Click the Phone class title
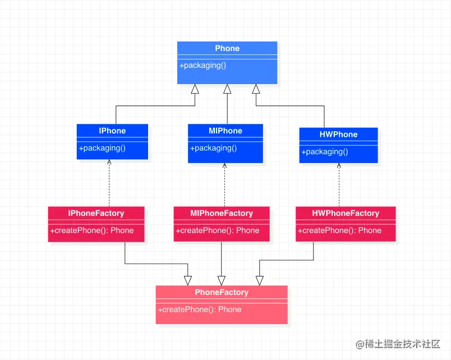click(x=227, y=49)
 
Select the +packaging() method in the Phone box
click(x=203, y=66)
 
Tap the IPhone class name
click(x=112, y=131)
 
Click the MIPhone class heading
click(x=225, y=131)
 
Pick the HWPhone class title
click(x=338, y=135)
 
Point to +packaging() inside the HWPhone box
click(x=325, y=152)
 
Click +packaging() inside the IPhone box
click(x=102, y=149)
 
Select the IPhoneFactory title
click(x=96, y=213)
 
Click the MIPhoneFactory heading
click(x=222, y=213)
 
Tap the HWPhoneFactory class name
click(x=346, y=213)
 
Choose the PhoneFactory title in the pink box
click(x=222, y=292)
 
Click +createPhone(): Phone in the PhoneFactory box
click(x=200, y=310)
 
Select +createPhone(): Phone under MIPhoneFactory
click(x=218, y=230)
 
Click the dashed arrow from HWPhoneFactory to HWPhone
click(x=339, y=185)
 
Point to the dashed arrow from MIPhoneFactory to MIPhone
click(x=224, y=185)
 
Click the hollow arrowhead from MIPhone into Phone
click(x=227, y=89)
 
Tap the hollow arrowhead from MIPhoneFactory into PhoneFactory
click(x=222, y=280)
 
